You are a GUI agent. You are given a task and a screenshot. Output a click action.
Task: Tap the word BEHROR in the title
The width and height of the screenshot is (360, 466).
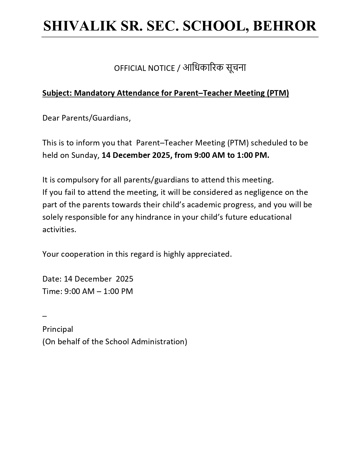click(x=285, y=26)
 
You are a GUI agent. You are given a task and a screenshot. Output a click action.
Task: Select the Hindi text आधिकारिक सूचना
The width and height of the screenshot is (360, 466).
click(x=214, y=68)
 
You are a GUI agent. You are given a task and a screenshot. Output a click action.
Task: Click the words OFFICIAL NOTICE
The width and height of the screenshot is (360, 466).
click(x=144, y=68)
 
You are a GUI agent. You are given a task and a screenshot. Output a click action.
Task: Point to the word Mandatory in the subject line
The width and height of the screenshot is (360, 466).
click(x=94, y=93)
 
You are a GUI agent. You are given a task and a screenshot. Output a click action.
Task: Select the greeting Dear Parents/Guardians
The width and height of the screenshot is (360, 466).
click(x=86, y=118)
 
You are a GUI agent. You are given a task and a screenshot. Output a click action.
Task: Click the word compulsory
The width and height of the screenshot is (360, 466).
click(x=74, y=180)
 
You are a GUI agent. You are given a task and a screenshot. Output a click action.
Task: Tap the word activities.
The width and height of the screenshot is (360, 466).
click(x=59, y=230)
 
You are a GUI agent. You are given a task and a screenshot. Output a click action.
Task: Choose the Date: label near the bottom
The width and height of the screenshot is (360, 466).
click(x=52, y=279)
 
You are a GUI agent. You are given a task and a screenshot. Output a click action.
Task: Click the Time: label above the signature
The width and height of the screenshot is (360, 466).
click(x=52, y=291)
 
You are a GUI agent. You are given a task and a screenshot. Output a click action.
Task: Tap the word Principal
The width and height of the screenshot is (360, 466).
click(x=58, y=329)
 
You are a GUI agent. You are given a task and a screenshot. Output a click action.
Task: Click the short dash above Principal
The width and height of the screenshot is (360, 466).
click(x=45, y=316)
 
